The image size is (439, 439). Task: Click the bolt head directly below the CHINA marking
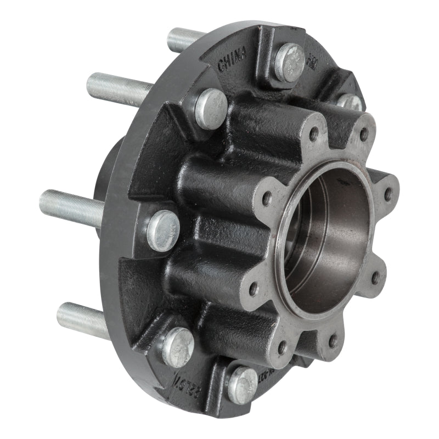(x=211, y=108)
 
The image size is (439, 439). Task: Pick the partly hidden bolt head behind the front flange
(x=349, y=102)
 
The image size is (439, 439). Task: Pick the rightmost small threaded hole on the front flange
(x=388, y=194)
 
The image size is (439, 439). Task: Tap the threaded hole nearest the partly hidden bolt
(x=364, y=133)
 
